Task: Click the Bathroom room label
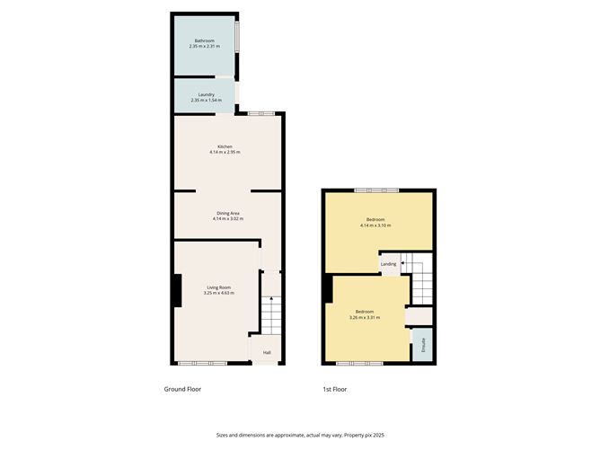(x=206, y=40)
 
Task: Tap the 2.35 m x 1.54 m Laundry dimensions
(x=206, y=101)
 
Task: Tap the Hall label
(x=267, y=352)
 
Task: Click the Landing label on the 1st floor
(x=388, y=264)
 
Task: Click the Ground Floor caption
(x=182, y=389)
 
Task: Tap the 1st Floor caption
(x=334, y=389)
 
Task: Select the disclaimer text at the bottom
(x=299, y=436)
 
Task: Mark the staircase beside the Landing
(x=421, y=282)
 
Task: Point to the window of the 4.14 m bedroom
(x=376, y=190)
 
